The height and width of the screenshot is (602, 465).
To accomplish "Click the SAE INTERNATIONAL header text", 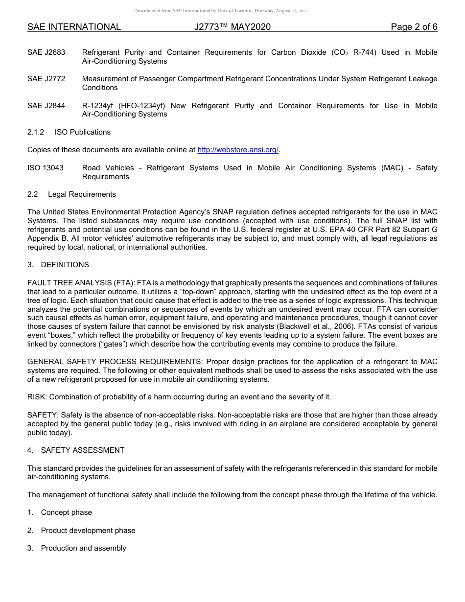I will point(74,27).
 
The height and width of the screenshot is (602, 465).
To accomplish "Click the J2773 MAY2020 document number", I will point(232,27).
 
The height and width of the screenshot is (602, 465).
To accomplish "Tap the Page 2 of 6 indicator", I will point(414,27).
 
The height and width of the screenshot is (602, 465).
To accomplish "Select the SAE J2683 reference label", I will point(46,52).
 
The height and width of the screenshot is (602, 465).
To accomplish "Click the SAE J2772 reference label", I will point(46,79).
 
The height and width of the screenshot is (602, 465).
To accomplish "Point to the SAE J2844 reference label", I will point(46,106).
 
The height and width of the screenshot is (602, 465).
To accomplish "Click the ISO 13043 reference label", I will point(46,168).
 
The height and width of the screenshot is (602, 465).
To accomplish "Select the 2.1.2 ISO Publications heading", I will point(69,132).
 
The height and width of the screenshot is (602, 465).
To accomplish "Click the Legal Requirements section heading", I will point(82,194).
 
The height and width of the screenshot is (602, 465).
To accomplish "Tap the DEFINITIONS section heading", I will point(65,265).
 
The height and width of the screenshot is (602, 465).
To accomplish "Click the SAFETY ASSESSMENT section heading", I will point(82,450).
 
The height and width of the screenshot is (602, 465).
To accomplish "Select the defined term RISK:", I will point(37,397).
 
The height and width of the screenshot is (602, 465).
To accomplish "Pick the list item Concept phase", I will point(66,512).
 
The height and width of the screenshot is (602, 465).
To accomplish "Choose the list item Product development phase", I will point(88,531).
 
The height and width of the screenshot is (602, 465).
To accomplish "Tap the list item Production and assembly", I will point(83,548).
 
